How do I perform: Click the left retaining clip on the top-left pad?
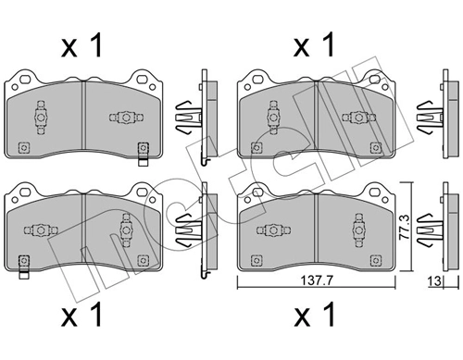[x=41, y=116]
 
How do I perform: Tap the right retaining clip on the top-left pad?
[x=124, y=118]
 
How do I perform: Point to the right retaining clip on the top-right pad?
[x=355, y=118]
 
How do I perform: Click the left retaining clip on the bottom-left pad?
[x=41, y=229]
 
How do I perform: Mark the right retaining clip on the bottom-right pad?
[x=355, y=225]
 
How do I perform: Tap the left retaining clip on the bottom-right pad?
[x=272, y=229]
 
